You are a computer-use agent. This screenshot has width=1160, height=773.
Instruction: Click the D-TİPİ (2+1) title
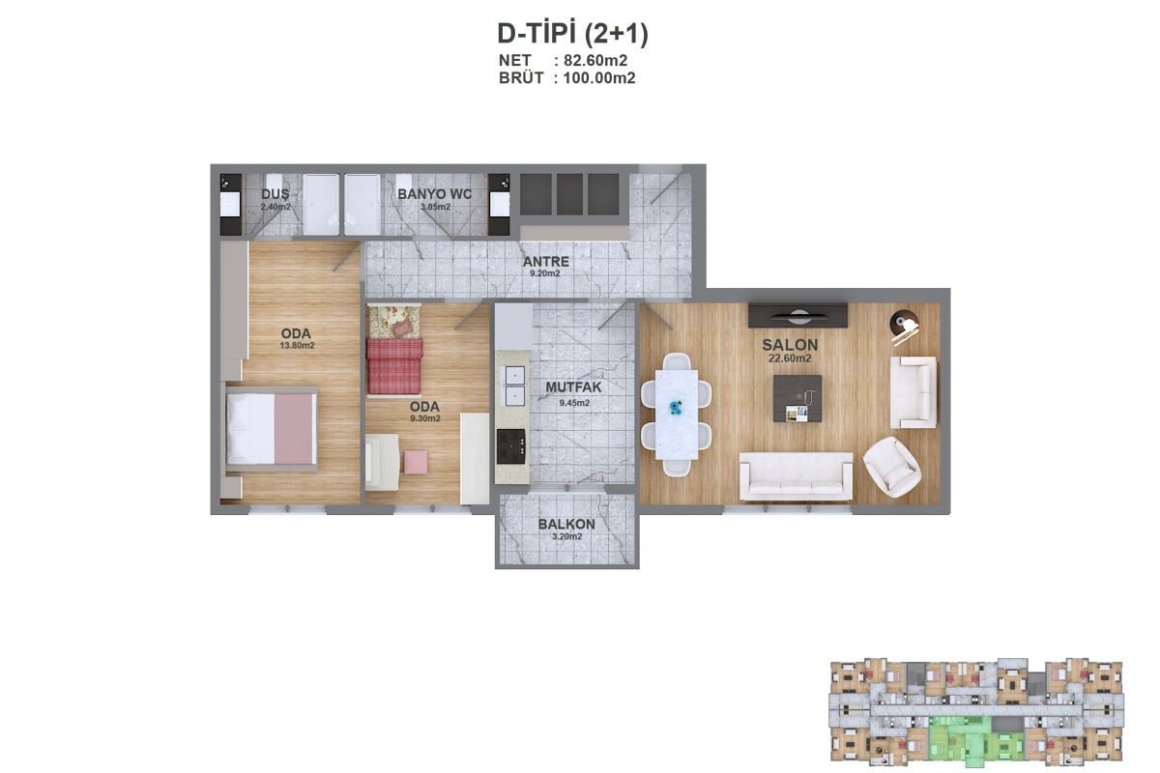tap(572, 34)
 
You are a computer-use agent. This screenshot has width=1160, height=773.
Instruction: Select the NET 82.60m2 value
tap(595, 61)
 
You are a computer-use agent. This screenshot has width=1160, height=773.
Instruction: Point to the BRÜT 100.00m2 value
tap(599, 78)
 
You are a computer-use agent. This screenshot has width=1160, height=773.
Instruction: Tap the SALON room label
tap(790, 345)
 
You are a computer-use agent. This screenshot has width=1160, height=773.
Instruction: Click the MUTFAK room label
tap(574, 387)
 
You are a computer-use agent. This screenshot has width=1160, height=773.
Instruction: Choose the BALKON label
tap(566, 524)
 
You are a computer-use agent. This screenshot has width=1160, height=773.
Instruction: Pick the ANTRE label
tap(546, 262)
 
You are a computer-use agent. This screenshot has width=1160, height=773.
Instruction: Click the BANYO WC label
tap(434, 194)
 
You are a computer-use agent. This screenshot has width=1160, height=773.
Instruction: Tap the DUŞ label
tap(275, 193)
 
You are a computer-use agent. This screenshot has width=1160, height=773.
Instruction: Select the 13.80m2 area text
tap(298, 346)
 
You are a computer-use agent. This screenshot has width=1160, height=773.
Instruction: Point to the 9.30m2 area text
tap(425, 418)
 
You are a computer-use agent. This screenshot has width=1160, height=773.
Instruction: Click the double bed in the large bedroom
tap(272, 429)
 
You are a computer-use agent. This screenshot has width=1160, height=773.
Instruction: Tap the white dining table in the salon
tap(677, 415)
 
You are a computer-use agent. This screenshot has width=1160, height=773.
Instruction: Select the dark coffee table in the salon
tap(797, 398)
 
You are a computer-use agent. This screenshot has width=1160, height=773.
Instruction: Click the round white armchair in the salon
tap(891, 467)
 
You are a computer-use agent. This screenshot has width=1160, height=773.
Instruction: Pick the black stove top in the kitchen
tap(510, 446)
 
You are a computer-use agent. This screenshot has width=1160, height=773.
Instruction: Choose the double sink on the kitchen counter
tap(514, 386)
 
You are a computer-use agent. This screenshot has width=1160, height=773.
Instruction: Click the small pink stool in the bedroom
tap(416, 462)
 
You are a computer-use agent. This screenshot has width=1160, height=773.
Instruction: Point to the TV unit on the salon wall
tap(798, 315)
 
